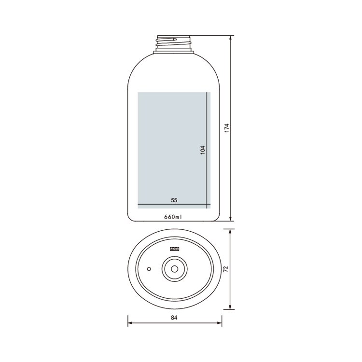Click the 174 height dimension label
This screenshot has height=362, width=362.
(227, 128)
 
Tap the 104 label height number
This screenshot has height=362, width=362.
(202, 150)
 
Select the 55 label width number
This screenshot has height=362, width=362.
(174, 200)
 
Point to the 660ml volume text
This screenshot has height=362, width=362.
(173, 217)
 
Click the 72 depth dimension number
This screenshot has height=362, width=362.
(226, 269)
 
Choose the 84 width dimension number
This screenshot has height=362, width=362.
(174, 318)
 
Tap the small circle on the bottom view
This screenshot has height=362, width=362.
(149, 269)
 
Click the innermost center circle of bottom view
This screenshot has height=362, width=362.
(175, 269)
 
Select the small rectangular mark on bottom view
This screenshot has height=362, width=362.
(175, 249)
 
